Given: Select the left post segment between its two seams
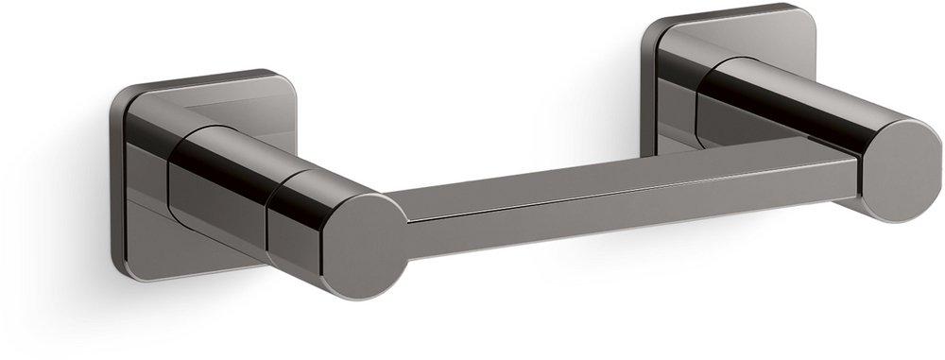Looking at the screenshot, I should (x=222, y=189).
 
